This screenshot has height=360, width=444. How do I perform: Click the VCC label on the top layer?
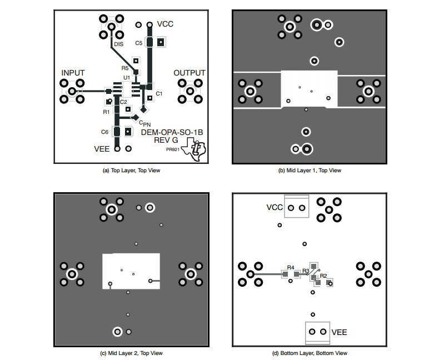[165, 24]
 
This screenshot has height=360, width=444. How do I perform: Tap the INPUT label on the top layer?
[73, 73]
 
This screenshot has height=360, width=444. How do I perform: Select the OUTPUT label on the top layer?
[189, 73]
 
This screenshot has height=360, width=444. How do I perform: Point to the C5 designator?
[139, 43]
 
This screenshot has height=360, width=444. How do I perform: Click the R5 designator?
[125, 68]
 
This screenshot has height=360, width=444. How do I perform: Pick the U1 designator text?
[127, 78]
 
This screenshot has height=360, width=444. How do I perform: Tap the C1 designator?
[159, 93]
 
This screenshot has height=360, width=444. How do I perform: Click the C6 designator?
[104, 132]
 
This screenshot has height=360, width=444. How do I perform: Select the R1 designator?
[106, 112]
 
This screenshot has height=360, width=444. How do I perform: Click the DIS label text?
[119, 44]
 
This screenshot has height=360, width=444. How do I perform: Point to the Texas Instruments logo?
[194, 149]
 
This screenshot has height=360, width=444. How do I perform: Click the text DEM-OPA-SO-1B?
[172, 132]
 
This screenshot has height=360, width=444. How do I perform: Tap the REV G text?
[166, 140]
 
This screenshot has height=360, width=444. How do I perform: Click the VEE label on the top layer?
[102, 149]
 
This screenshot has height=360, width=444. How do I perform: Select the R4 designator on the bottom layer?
[291, 267]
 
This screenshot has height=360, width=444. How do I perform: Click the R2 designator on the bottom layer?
[323, 276]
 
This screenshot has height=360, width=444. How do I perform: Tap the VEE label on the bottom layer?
[339, 332]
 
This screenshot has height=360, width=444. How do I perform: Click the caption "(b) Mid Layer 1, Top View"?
[310, 171]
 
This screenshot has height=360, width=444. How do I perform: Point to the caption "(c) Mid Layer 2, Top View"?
[131, 353]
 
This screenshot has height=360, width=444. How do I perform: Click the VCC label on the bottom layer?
[275, 207]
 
